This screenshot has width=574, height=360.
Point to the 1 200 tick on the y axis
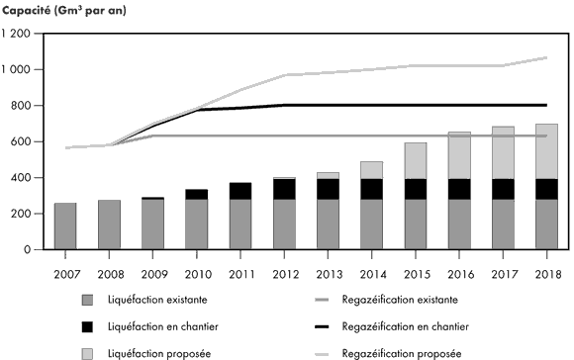pyautogui.click(x=17, y=34)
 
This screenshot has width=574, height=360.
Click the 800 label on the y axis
pyautogui.click(x=21, y=106)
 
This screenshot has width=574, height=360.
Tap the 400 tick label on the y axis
pyautogui.click(x=21, y=178)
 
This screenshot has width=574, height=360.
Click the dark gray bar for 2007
pyautogui.click(x=65, y=226)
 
